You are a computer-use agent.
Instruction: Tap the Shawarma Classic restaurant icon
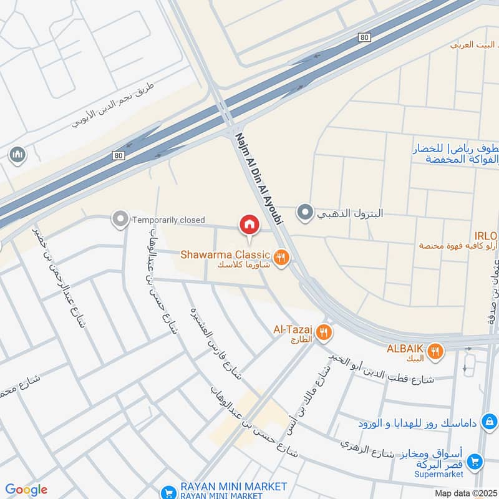click(281, 256)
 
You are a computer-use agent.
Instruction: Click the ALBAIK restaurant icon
click(435, 351)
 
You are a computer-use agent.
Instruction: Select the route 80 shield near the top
click(364, 38)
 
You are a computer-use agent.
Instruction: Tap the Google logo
click(26, 490)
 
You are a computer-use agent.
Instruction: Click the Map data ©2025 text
click(467, 493)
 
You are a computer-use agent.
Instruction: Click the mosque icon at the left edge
click(17, 153)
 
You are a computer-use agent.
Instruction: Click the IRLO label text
click(485, 236)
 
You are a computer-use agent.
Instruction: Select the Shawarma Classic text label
click(225, 254)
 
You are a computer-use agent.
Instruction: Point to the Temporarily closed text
click(168, 220)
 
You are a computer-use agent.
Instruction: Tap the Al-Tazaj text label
click(293, 329)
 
